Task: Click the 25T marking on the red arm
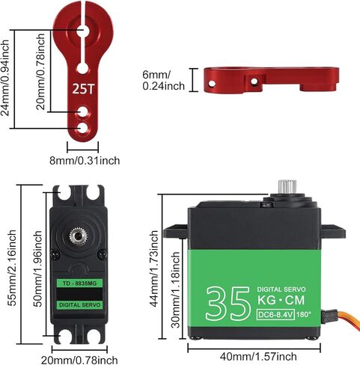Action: (x=84, y=88)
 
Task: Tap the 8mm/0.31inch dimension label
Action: (x=85, y=160)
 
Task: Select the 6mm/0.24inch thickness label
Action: (x=163, y=80)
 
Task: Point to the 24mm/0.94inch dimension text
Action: (x=5, y=78)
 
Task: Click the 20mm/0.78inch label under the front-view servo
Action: (x=79, y=360)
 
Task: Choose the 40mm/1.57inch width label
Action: (x=258, y=356)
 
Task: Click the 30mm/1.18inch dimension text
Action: (x=176, y=289)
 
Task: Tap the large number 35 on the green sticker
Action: (x=228, y=304)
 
